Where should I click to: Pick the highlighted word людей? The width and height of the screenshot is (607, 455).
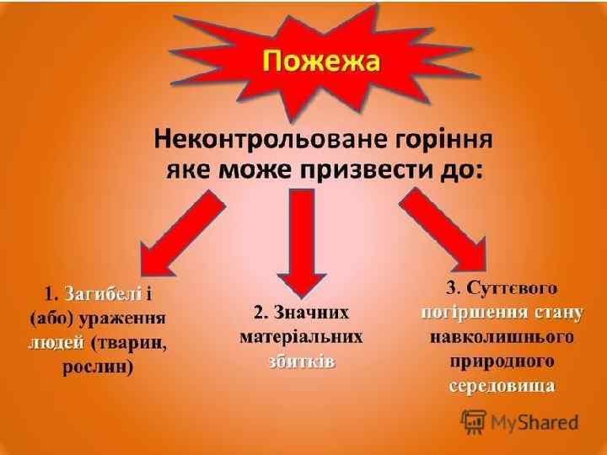56,343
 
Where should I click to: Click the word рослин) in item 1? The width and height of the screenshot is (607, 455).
98,367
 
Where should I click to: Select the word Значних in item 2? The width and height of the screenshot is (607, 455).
312,313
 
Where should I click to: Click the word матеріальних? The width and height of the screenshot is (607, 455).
302,337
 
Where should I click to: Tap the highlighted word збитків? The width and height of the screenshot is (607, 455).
301,361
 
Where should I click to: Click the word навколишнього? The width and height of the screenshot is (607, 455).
501,337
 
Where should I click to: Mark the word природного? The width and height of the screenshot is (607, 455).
501,361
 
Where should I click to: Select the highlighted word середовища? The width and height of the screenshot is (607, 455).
501,386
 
